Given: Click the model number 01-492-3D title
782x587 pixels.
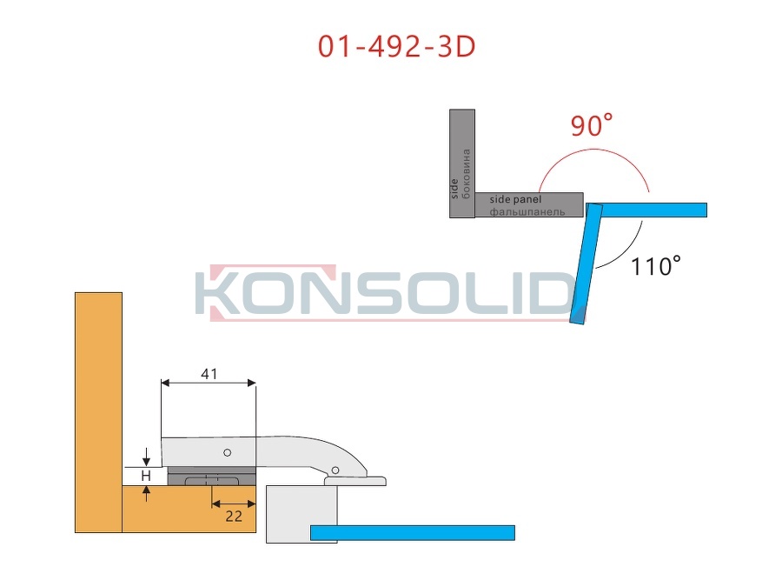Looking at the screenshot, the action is [396, 46].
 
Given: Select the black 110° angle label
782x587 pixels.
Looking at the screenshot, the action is [656, 265].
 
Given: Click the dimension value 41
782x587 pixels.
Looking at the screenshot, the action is [209, 374].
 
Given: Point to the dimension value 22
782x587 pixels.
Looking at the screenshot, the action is [234, 516].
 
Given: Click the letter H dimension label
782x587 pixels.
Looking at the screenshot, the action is [146, 476].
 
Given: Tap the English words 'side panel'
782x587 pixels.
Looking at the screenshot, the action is [515, 200].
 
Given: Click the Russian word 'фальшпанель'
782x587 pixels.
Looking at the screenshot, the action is [527, 212].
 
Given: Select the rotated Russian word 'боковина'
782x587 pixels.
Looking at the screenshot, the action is [467, 174].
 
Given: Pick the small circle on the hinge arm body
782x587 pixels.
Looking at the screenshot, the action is [227, 453].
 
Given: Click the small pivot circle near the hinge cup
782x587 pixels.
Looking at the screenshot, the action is [335, 470].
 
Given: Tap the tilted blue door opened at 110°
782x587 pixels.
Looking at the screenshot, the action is [586, 263].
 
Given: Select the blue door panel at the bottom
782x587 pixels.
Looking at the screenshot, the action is [413, 532].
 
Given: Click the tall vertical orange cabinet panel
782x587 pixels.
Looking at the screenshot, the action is [99, 412].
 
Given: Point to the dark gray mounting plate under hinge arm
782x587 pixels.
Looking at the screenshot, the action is [212, 477].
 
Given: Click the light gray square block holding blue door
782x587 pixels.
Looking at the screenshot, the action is [302, 514].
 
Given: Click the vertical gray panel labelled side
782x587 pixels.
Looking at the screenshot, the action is [462, 163].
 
